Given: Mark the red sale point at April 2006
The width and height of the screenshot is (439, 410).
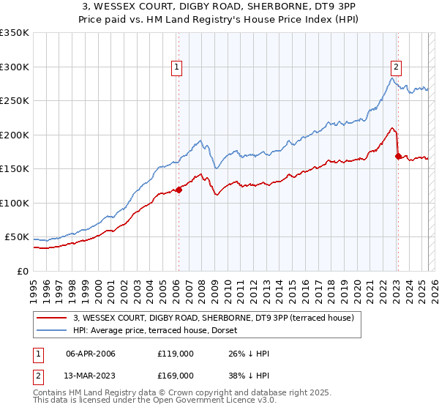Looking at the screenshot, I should pyautogui.click(x=179, y=190).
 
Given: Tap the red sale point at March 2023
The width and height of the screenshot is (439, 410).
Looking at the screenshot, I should pyautogui.click(x=398, y=156).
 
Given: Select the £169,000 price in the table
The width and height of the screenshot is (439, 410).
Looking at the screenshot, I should pyautogui.click(x=176, y=375).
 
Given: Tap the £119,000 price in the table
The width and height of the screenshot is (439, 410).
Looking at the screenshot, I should pyautogui.click(x=176, y=353).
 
